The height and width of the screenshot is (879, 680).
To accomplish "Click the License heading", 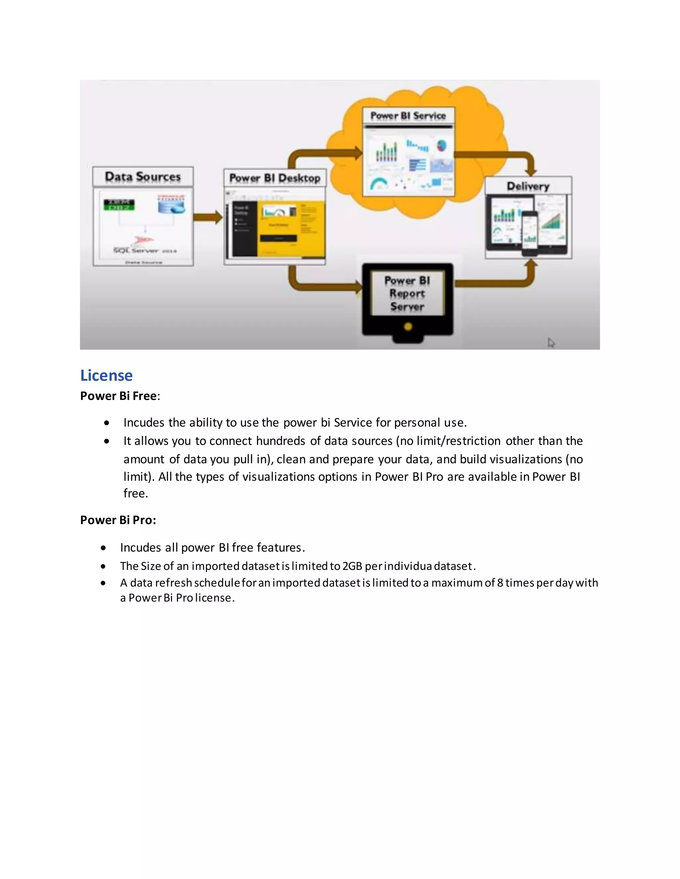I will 106,375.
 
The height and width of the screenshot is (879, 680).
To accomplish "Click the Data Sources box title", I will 142,177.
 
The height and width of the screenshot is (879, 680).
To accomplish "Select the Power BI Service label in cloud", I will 408,116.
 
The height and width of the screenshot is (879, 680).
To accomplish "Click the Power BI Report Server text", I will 407,294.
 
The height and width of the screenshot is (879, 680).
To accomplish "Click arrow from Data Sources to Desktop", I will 208,217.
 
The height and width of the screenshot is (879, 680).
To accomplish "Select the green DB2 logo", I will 119,205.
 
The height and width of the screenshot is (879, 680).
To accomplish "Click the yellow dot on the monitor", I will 408,326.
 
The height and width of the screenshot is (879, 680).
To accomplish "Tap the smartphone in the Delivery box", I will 530,234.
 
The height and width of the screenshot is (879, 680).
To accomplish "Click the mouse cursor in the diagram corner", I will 551,343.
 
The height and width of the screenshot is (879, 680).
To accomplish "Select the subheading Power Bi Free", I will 119,396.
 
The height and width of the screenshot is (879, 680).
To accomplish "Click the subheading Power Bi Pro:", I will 118,520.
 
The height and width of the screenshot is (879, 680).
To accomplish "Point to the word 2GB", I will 352,566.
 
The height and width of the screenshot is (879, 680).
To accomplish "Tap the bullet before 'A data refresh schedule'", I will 104,583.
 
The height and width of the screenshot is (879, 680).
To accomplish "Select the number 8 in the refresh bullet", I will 500,583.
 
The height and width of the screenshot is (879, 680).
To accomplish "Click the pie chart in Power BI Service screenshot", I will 442,145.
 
